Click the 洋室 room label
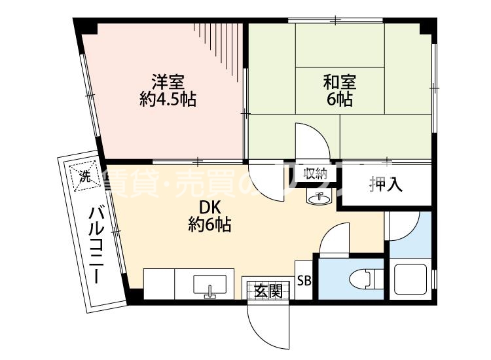[168, 82]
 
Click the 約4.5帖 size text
[168, 100]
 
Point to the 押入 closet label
[386, 185]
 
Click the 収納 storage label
[315, 173]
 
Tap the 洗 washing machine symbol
[84, 175]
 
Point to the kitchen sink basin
[209, 285]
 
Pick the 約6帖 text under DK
[208, 225]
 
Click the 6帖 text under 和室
[340, 100]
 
